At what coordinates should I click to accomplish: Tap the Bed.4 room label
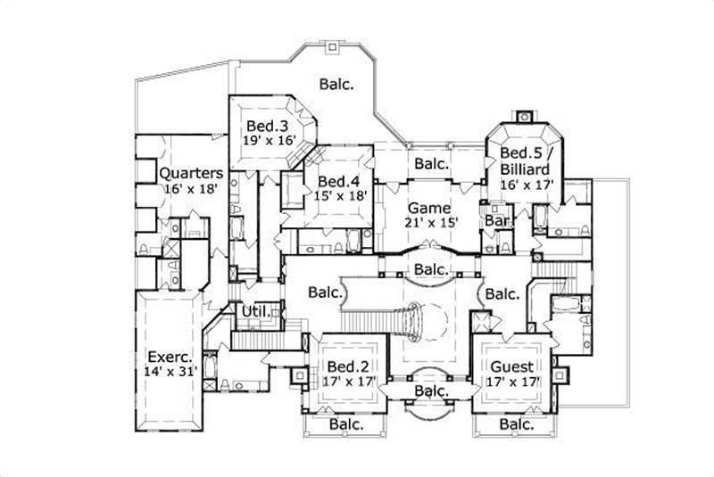coord(338,181)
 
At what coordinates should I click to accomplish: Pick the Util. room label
coord(258,311)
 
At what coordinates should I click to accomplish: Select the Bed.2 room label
coord(345,367)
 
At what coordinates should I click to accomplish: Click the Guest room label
coord(512,367)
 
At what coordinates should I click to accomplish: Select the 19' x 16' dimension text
coord(266,140)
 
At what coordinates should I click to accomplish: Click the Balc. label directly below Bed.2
coord(347,425)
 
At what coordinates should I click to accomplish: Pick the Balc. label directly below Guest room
coord(517,425)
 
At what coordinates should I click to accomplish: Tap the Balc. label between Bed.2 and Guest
coord(430,391)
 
